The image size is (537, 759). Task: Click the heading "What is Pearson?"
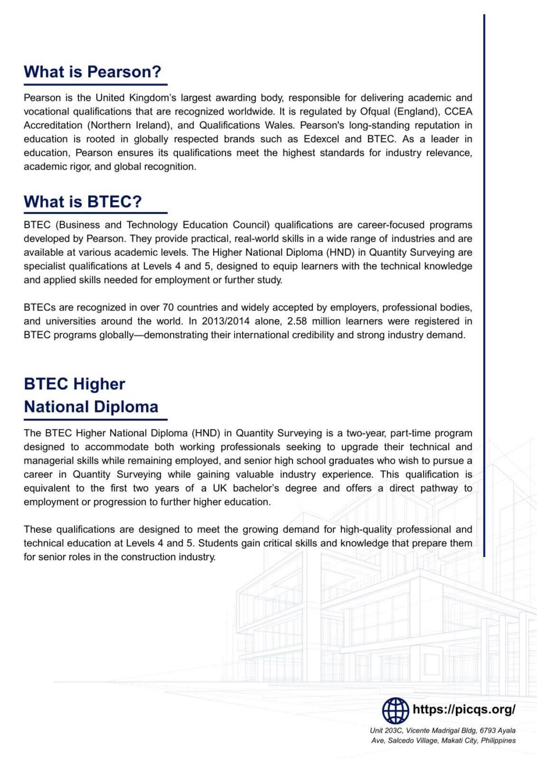pos(93,72)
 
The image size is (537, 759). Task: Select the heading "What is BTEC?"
pos(83,202)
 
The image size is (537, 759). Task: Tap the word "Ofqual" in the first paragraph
pos(375,112)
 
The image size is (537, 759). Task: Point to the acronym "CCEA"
pos(458,112)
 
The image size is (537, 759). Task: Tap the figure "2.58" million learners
pos(297,321)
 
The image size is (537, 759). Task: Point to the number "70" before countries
pos(168,308)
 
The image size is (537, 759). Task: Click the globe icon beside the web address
pos(395,711)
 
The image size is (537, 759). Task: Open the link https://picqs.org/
pos(464,710)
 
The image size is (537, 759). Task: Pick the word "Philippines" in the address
pos(498,740)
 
